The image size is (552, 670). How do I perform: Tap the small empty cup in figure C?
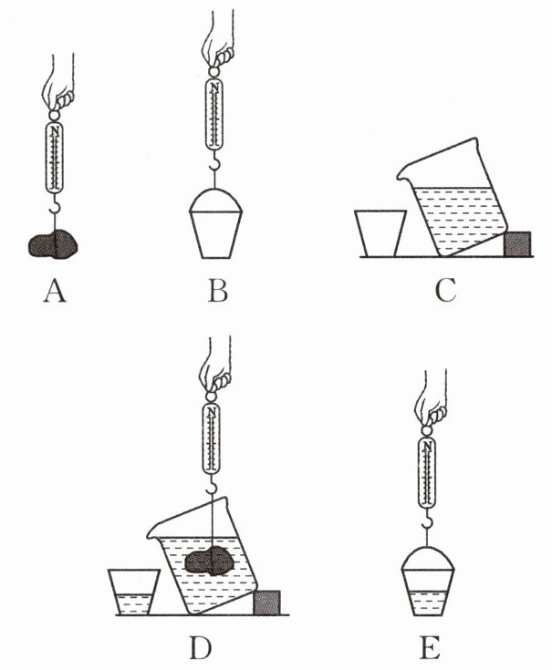pyautogui.click(x=379, y=233)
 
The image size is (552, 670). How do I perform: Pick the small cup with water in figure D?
pyautogui.click(x=133, y=593)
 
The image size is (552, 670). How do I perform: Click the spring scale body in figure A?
pyautogui.click(x=56, y=157)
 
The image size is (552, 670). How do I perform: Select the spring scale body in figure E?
pyautogui.click(x=429, y=472)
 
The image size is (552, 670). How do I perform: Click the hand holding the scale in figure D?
pyautogui.click(x=217, y=365)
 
